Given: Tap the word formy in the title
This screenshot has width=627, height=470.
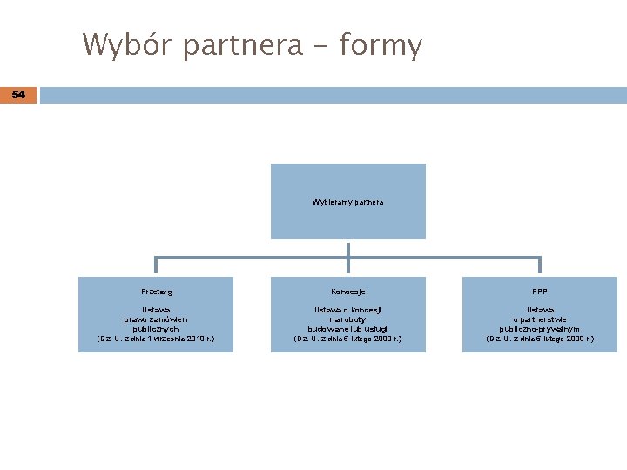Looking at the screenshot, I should pyautogui.click(x=381, y=45).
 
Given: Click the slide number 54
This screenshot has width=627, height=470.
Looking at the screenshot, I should pyautogui.click(x=18, y=94).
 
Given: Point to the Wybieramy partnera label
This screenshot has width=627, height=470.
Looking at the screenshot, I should pyautogui.click(x=347, y=202).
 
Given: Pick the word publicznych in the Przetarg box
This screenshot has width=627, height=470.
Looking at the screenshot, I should pyautogui.click(x=156, y=329).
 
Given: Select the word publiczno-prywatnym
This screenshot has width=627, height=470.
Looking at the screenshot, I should pyautogui.click(x=540, y=329).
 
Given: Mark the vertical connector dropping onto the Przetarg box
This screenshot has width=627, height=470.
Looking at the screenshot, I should pyautogui.click(x=156, y=266).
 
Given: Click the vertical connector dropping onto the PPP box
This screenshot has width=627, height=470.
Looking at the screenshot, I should pyautogui.click(x=540, y=266).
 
